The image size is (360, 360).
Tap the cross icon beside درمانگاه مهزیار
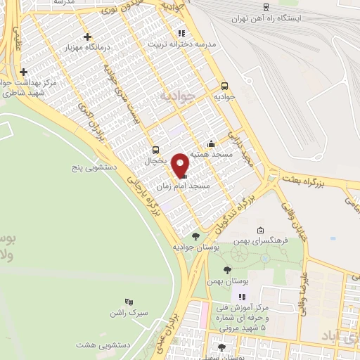pyautogui.click(x=87, y=37)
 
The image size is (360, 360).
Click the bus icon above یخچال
pyautogui.click(x=156, y=150)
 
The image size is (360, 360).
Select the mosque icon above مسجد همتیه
pyautogui.click(x=211, y=144)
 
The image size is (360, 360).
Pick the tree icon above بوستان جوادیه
pyautogui.click(x=195, y=236)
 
